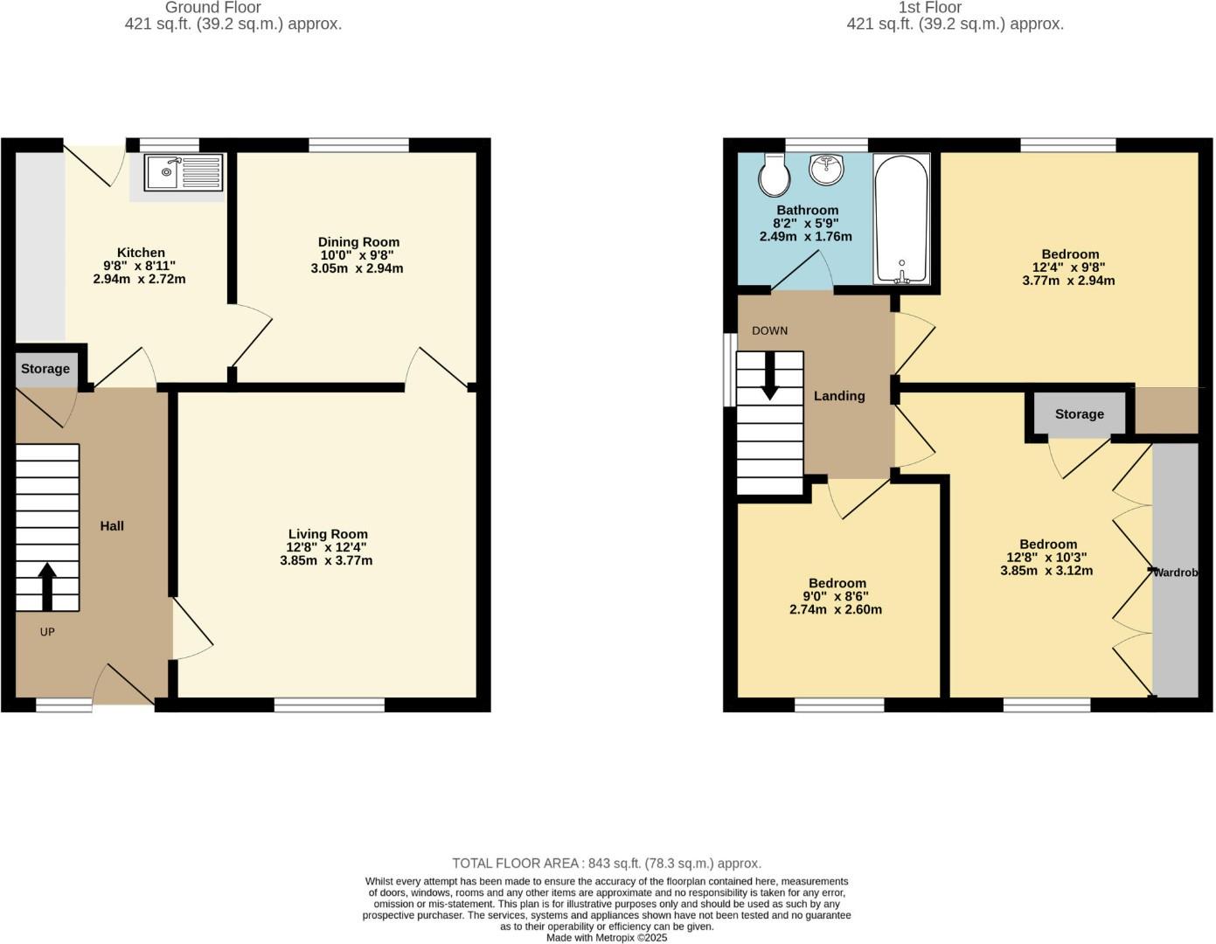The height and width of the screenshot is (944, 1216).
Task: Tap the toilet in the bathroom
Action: pos(774,175)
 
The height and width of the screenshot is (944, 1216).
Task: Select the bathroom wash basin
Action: pos(826,169)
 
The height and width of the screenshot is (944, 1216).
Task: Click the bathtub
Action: pos(901,219)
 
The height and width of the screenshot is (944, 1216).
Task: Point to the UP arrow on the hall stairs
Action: pos(47,587)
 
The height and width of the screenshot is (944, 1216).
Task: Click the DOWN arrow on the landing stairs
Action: pos(770,376)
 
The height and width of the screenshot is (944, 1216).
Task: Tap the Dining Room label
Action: pos(358,242)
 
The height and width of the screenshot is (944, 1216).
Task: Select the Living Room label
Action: pos(328,534)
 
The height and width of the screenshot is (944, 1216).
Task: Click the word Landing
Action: pos(839,396)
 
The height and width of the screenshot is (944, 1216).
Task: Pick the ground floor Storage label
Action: pos(45,369)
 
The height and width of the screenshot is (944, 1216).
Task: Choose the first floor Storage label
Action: pos(1080,413)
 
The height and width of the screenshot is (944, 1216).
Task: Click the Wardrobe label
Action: pos(1175,573)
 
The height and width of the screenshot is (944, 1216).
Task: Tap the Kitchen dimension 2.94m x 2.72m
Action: pos(139,279)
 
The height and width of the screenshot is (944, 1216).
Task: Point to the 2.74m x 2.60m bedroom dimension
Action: pos(836,609)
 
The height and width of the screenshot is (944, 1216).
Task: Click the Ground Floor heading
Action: pos(212,7)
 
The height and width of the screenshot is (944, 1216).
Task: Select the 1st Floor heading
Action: pos(930,7)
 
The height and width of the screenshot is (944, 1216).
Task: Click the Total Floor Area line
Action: pos(607,864)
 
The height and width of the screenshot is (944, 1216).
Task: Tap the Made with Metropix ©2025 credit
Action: pos(607,938)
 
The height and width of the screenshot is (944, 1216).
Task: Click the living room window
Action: pos(330,705)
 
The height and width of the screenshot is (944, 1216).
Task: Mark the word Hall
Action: pos(112,525)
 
